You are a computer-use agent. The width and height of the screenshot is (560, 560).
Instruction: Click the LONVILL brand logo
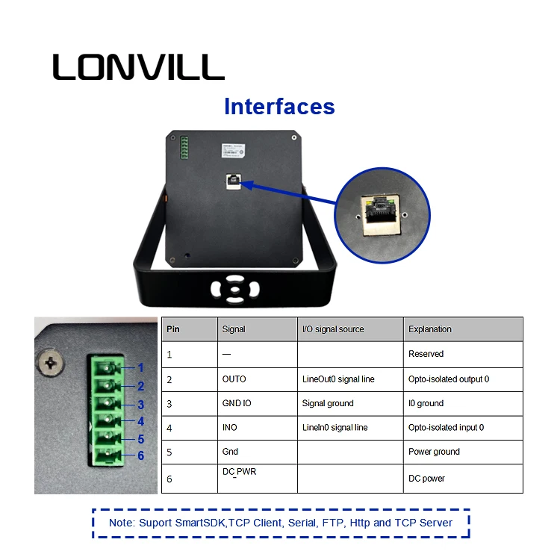[x=138, y=66]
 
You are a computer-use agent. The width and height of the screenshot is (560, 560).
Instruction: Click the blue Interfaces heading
[x=279, y=107]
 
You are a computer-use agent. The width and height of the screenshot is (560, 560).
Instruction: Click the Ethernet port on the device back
[x=234, y=181]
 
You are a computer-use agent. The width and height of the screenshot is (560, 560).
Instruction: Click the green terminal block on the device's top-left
[x=184, y=148]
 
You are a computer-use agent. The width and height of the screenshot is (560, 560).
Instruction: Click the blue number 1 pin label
[x=140, y=368]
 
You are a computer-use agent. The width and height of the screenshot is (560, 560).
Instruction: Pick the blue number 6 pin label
[x=140, y=455]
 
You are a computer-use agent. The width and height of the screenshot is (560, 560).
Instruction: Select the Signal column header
[x=234, y=329]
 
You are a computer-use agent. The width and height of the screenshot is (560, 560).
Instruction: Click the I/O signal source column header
[x=333, y=329]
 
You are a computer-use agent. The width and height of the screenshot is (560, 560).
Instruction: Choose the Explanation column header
[x=429, y=329]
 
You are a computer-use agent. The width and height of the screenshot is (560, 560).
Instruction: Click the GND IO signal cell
[x=236, y=403]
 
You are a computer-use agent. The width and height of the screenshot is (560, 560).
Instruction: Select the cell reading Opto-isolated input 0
[x=446, y=428]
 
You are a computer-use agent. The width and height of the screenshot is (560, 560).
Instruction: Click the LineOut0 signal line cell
[x=338, y=379]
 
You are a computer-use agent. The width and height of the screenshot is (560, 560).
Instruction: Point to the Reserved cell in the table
[x=426, y=354]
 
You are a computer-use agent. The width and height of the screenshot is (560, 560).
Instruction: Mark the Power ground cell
[x=434, y=452]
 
